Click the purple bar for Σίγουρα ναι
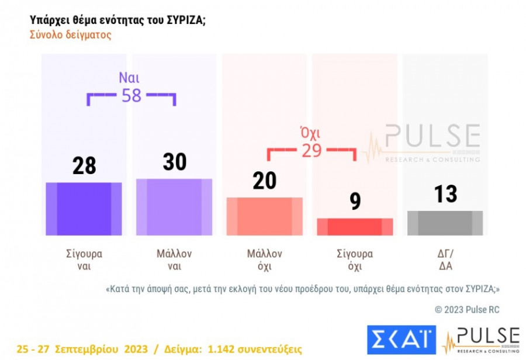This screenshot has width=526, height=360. [84, 209]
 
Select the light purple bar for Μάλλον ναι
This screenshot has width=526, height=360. [174, 207]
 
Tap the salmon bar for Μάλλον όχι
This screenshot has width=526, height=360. [264, 216]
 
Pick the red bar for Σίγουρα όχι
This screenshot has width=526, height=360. [355, 227]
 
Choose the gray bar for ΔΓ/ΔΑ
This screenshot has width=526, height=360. [445, 223]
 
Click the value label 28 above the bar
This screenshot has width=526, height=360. [84, 166]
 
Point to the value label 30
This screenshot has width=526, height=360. [174, 162]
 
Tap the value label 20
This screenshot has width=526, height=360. [264, 181]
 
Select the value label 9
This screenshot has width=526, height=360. [355, 202]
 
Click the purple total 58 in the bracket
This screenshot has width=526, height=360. [131, 96]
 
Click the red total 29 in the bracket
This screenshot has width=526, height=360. [312, 150]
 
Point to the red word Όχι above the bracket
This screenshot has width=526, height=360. [310, 133]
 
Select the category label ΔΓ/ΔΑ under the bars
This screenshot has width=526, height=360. [445, 260]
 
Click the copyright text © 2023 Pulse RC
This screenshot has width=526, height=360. [467, 310]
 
